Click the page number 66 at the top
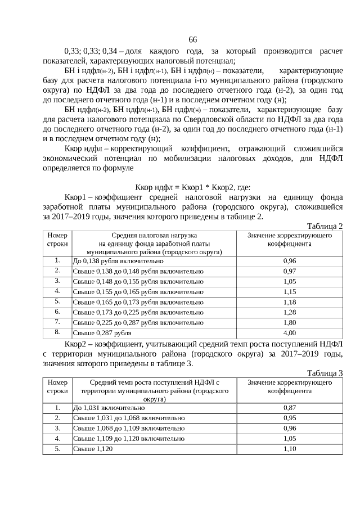(x=192, y=39)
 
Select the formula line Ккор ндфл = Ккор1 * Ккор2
(x=193, y=187)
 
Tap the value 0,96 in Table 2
(x=289, y=262)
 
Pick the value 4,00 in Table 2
(x=289, y=332)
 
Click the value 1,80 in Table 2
(x=289, y=322)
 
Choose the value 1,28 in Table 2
(x=289, y=312)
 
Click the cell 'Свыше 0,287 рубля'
(x=101, y=332)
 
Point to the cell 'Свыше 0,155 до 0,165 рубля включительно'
(x=138, y=292)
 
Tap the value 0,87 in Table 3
(x=289, y=407)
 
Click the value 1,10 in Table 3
(x=289, y=449)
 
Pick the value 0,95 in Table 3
(x=289, y=418)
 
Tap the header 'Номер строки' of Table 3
(x=57, y=386)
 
